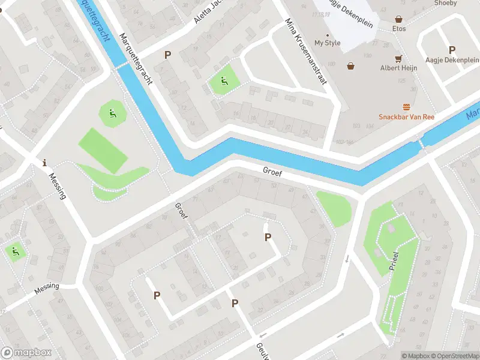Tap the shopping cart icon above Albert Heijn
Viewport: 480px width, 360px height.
[398, 59]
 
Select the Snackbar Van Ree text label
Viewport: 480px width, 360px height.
[406, 117]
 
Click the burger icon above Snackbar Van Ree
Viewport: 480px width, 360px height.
[407, 107]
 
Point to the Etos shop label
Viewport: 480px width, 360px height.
[399, 29]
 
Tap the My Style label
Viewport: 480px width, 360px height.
[327, 43]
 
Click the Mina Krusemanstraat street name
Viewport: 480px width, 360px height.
[305, 51]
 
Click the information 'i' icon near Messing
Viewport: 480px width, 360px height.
[44, 163]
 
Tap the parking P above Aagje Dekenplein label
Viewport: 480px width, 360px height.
[452, 50]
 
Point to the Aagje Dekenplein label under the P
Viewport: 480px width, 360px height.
[452, 61]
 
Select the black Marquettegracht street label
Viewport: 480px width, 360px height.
[136, 59]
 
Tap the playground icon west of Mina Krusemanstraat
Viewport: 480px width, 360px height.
[224, 82]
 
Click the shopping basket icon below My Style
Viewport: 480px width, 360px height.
[350, 66]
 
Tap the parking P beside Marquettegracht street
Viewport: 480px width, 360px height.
[167, 55]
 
